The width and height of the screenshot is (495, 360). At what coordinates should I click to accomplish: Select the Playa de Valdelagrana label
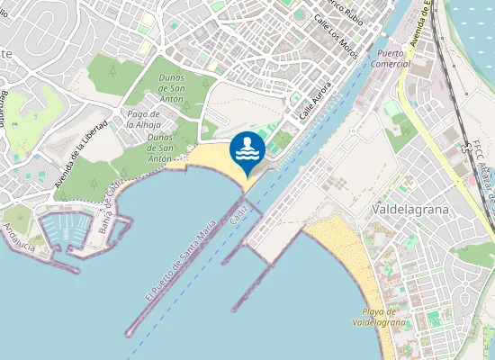[378, 316]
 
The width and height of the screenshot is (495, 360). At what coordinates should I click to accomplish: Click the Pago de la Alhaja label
[144, 119]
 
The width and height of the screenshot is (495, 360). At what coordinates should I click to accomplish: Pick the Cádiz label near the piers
[238, 213]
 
